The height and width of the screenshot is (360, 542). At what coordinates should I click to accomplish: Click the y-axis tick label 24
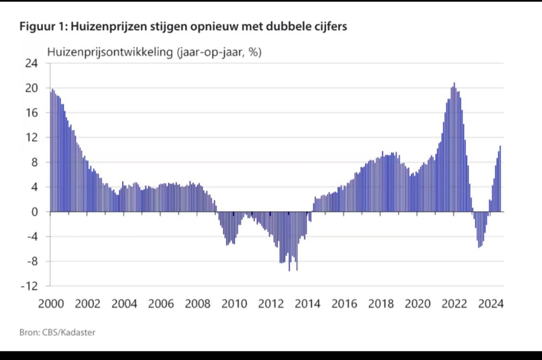click(x=32, y=64)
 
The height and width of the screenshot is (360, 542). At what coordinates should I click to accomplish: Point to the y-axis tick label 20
click(x=32, y=88)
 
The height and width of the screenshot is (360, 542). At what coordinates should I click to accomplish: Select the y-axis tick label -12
click(x=30, y=286)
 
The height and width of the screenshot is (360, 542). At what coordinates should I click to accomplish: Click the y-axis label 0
click(x=35, y=212)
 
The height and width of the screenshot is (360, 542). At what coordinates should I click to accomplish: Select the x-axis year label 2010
click(x=234, y=304)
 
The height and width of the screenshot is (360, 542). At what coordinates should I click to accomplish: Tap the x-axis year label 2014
click(x=307, y=304)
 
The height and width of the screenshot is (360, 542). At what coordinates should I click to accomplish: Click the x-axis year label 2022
click(x=454, y=304)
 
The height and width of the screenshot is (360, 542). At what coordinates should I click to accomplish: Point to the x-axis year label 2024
click(x=490, y=304)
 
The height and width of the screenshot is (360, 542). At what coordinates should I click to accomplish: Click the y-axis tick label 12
click(x=32, y=138)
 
